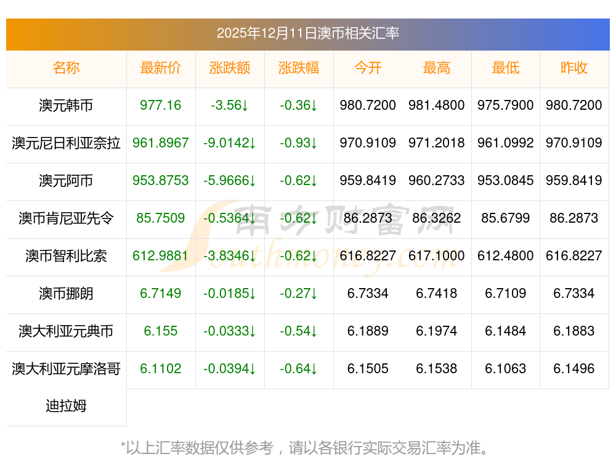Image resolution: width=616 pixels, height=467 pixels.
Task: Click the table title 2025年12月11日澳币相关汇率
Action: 307,33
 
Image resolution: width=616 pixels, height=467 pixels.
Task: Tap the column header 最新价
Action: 161,68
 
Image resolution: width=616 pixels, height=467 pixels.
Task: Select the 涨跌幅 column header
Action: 299,68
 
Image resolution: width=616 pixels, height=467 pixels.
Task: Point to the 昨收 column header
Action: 574,68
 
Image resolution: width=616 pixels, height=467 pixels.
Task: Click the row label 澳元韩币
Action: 66,105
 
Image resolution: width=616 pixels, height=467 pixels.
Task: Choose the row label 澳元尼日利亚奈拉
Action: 66,143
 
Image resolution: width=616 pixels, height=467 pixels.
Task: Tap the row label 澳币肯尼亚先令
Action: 66,218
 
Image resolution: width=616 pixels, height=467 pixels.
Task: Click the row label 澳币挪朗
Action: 66,294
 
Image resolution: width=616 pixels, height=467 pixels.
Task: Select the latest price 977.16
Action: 161,105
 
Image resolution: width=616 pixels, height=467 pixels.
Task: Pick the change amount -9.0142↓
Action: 230,143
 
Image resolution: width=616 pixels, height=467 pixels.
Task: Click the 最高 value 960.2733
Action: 437,181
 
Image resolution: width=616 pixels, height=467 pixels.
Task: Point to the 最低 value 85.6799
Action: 506,218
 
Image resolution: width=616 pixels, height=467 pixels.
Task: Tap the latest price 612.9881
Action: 161,256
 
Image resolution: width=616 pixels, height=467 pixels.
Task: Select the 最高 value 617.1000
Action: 437,256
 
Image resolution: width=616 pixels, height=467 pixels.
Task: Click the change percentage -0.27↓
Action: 299,294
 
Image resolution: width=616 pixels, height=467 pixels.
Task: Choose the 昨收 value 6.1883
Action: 574,331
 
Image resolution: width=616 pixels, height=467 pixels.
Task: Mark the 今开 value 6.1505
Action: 368,369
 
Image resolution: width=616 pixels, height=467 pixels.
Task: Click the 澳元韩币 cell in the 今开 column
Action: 368,105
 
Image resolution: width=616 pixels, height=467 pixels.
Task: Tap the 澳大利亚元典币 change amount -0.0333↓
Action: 230,331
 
